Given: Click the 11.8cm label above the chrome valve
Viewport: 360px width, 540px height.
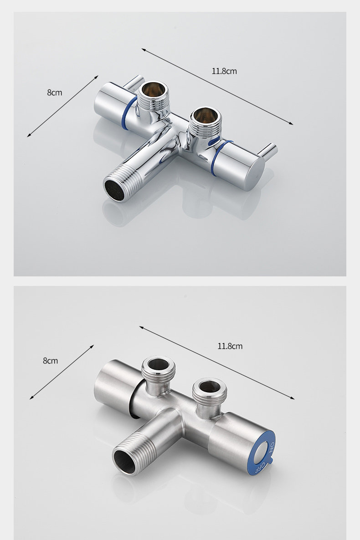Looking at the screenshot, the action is (224, 71).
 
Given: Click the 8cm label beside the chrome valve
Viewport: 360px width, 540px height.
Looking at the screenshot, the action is (55, 92).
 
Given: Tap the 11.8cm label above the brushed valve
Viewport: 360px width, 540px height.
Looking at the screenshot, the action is (230, 346).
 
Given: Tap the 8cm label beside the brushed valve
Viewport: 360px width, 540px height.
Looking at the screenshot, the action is (50, 361).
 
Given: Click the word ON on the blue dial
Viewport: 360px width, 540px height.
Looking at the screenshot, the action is (272, 447).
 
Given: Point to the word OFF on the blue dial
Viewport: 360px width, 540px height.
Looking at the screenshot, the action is (261, 467).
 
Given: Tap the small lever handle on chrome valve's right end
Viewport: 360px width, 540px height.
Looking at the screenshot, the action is (268, 151).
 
